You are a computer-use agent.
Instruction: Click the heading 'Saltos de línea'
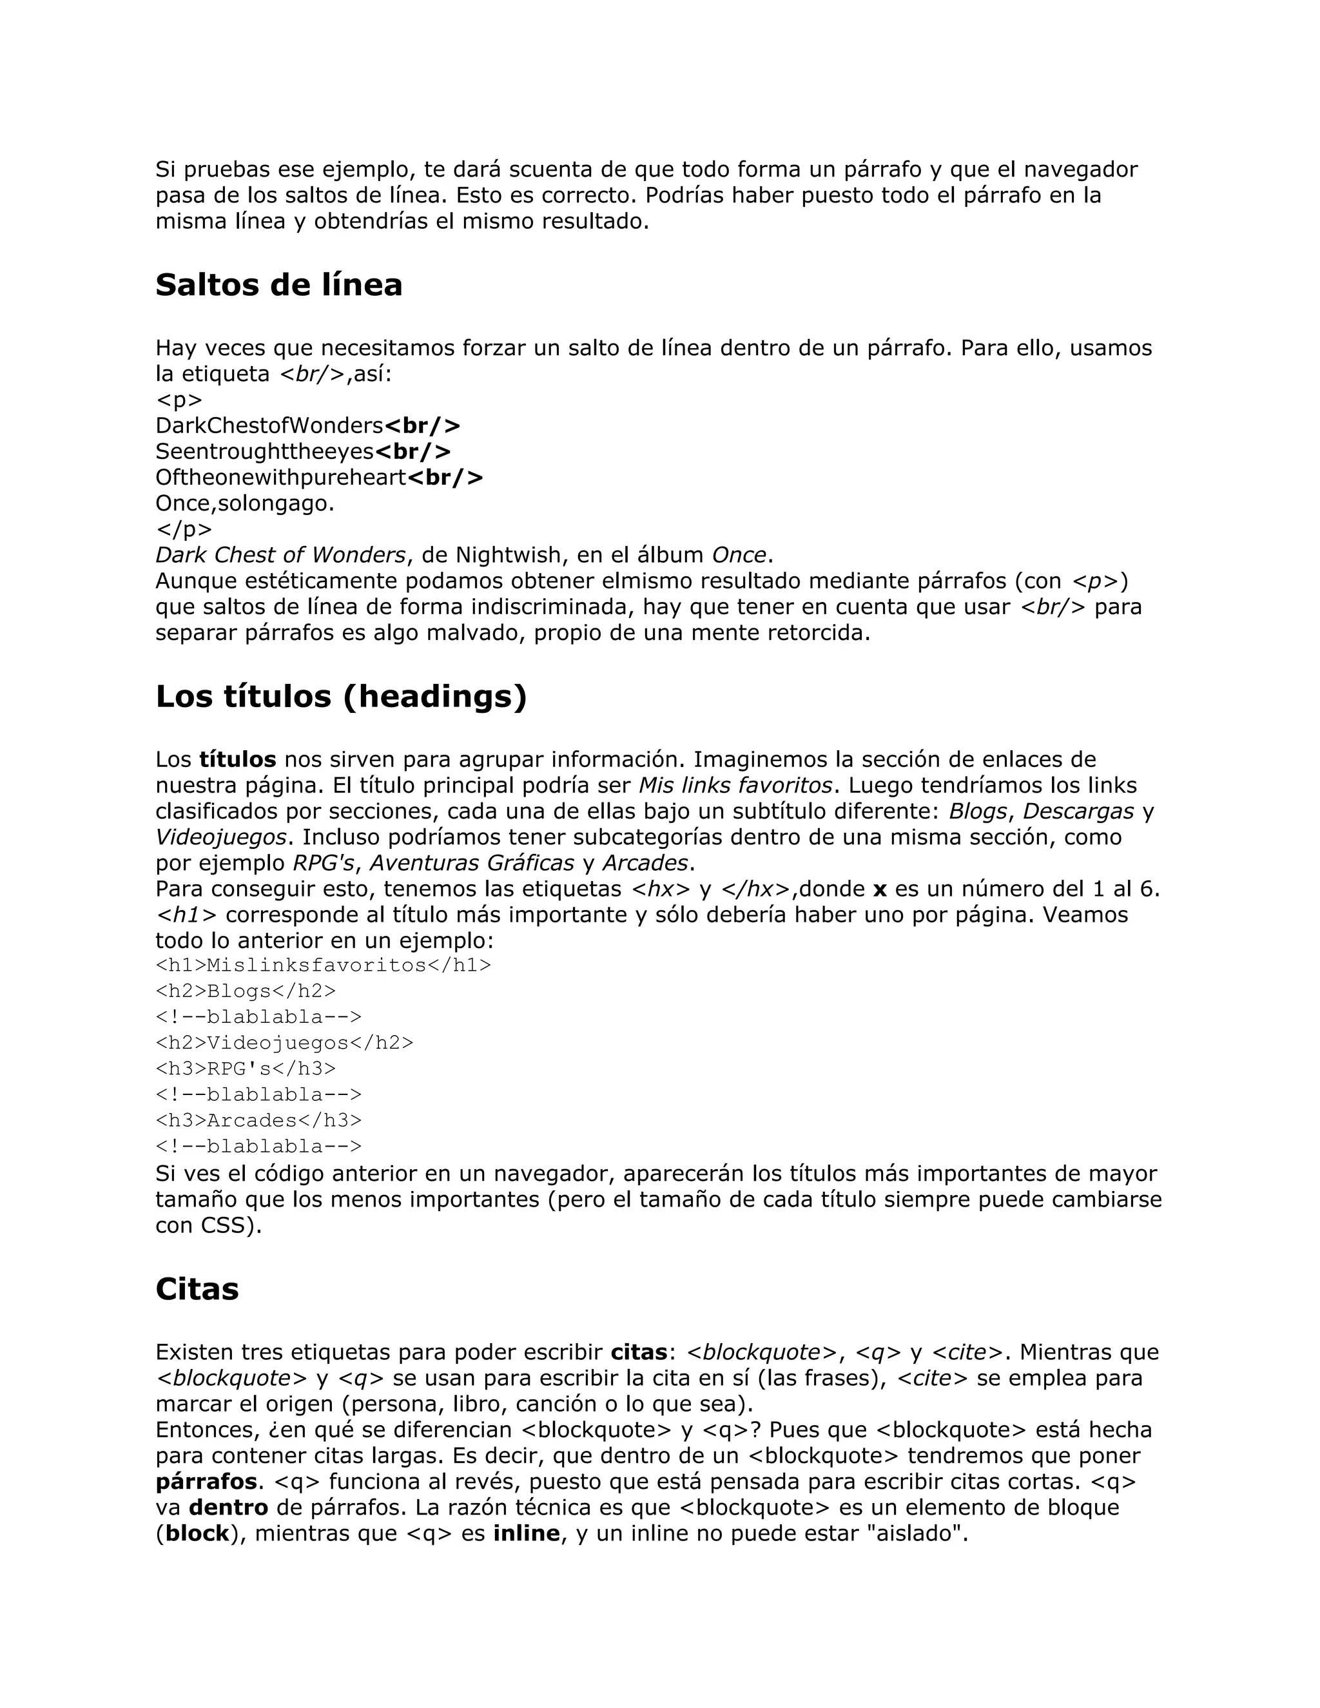point(278,286)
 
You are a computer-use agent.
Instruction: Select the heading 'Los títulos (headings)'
point(341,697)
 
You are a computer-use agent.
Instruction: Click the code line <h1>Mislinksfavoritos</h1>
point(323,965)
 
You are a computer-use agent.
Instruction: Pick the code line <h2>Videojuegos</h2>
point(284,1042)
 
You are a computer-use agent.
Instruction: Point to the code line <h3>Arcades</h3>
point(258,1120)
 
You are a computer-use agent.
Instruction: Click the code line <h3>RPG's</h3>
point(246,1068)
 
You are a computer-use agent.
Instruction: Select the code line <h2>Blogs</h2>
point(246,991)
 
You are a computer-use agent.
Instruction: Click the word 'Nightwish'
point(509,555)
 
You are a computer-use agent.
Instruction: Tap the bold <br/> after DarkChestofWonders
point(422,426)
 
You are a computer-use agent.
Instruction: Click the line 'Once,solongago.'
point(245,503)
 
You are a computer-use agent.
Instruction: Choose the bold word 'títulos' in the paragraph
point(238,759)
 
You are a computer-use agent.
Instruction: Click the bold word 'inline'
point(527,1533)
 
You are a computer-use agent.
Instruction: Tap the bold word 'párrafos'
point(206,1481)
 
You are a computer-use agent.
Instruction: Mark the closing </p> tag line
point(184,529)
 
